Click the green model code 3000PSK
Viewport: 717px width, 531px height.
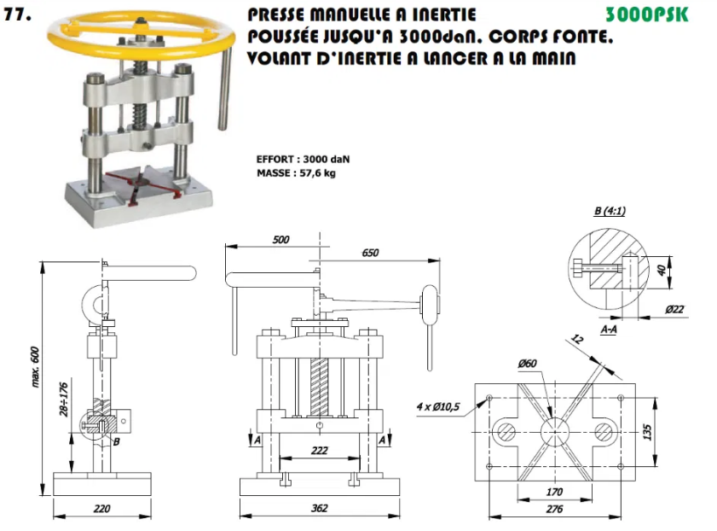click(x=646, y=15)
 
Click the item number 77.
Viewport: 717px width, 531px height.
click(x=17, y=15)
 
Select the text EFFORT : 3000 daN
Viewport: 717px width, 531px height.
click(x=303, y=160)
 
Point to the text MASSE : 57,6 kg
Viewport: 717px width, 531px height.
click(x=296, y=173)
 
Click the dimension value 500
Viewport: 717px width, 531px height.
click(x=280, y=239)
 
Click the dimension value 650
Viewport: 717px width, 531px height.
click(x=370, y=253)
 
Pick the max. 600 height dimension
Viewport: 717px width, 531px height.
click(x=35, y=367)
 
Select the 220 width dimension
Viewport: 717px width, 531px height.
click(x=101, y=509)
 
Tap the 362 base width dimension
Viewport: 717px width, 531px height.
click(x=319, y=508)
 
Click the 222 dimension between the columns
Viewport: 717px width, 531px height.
click(x=319, y=451)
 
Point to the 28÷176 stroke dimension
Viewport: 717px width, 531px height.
click(x=64, y=400)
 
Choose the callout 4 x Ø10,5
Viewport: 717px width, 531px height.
click(x=438, y=406)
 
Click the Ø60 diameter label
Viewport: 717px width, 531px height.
click(x=527, y=364)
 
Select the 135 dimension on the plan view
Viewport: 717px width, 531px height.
click(x=647, y=432)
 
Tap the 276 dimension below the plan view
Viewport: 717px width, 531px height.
click(x=554, y=509)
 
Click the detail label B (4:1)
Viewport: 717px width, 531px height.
click(x=610, y=211)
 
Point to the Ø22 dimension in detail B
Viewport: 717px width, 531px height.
click(x=675, y=309)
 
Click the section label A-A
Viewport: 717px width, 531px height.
click(x=609, y=329)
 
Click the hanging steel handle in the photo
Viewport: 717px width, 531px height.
click(x=224, y=87)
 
